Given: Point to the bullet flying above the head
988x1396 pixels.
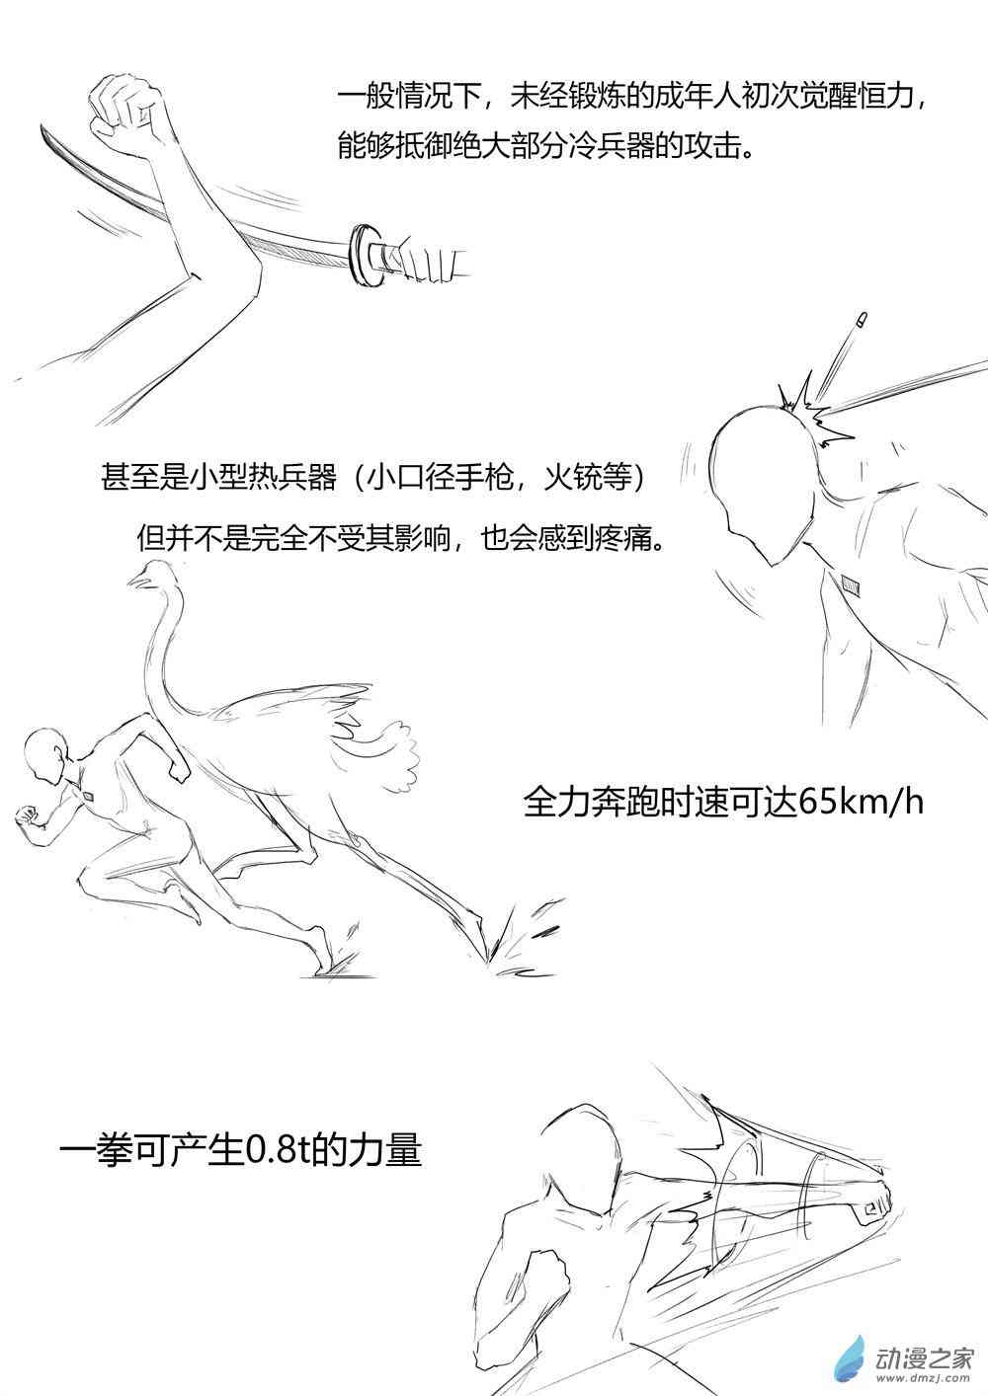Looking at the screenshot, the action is pos(862,320).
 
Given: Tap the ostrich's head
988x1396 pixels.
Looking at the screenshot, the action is pos(148,572).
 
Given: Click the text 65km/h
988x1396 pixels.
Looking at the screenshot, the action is pos(860,804).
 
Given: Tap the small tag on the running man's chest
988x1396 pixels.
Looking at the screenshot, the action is pos(89,796).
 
